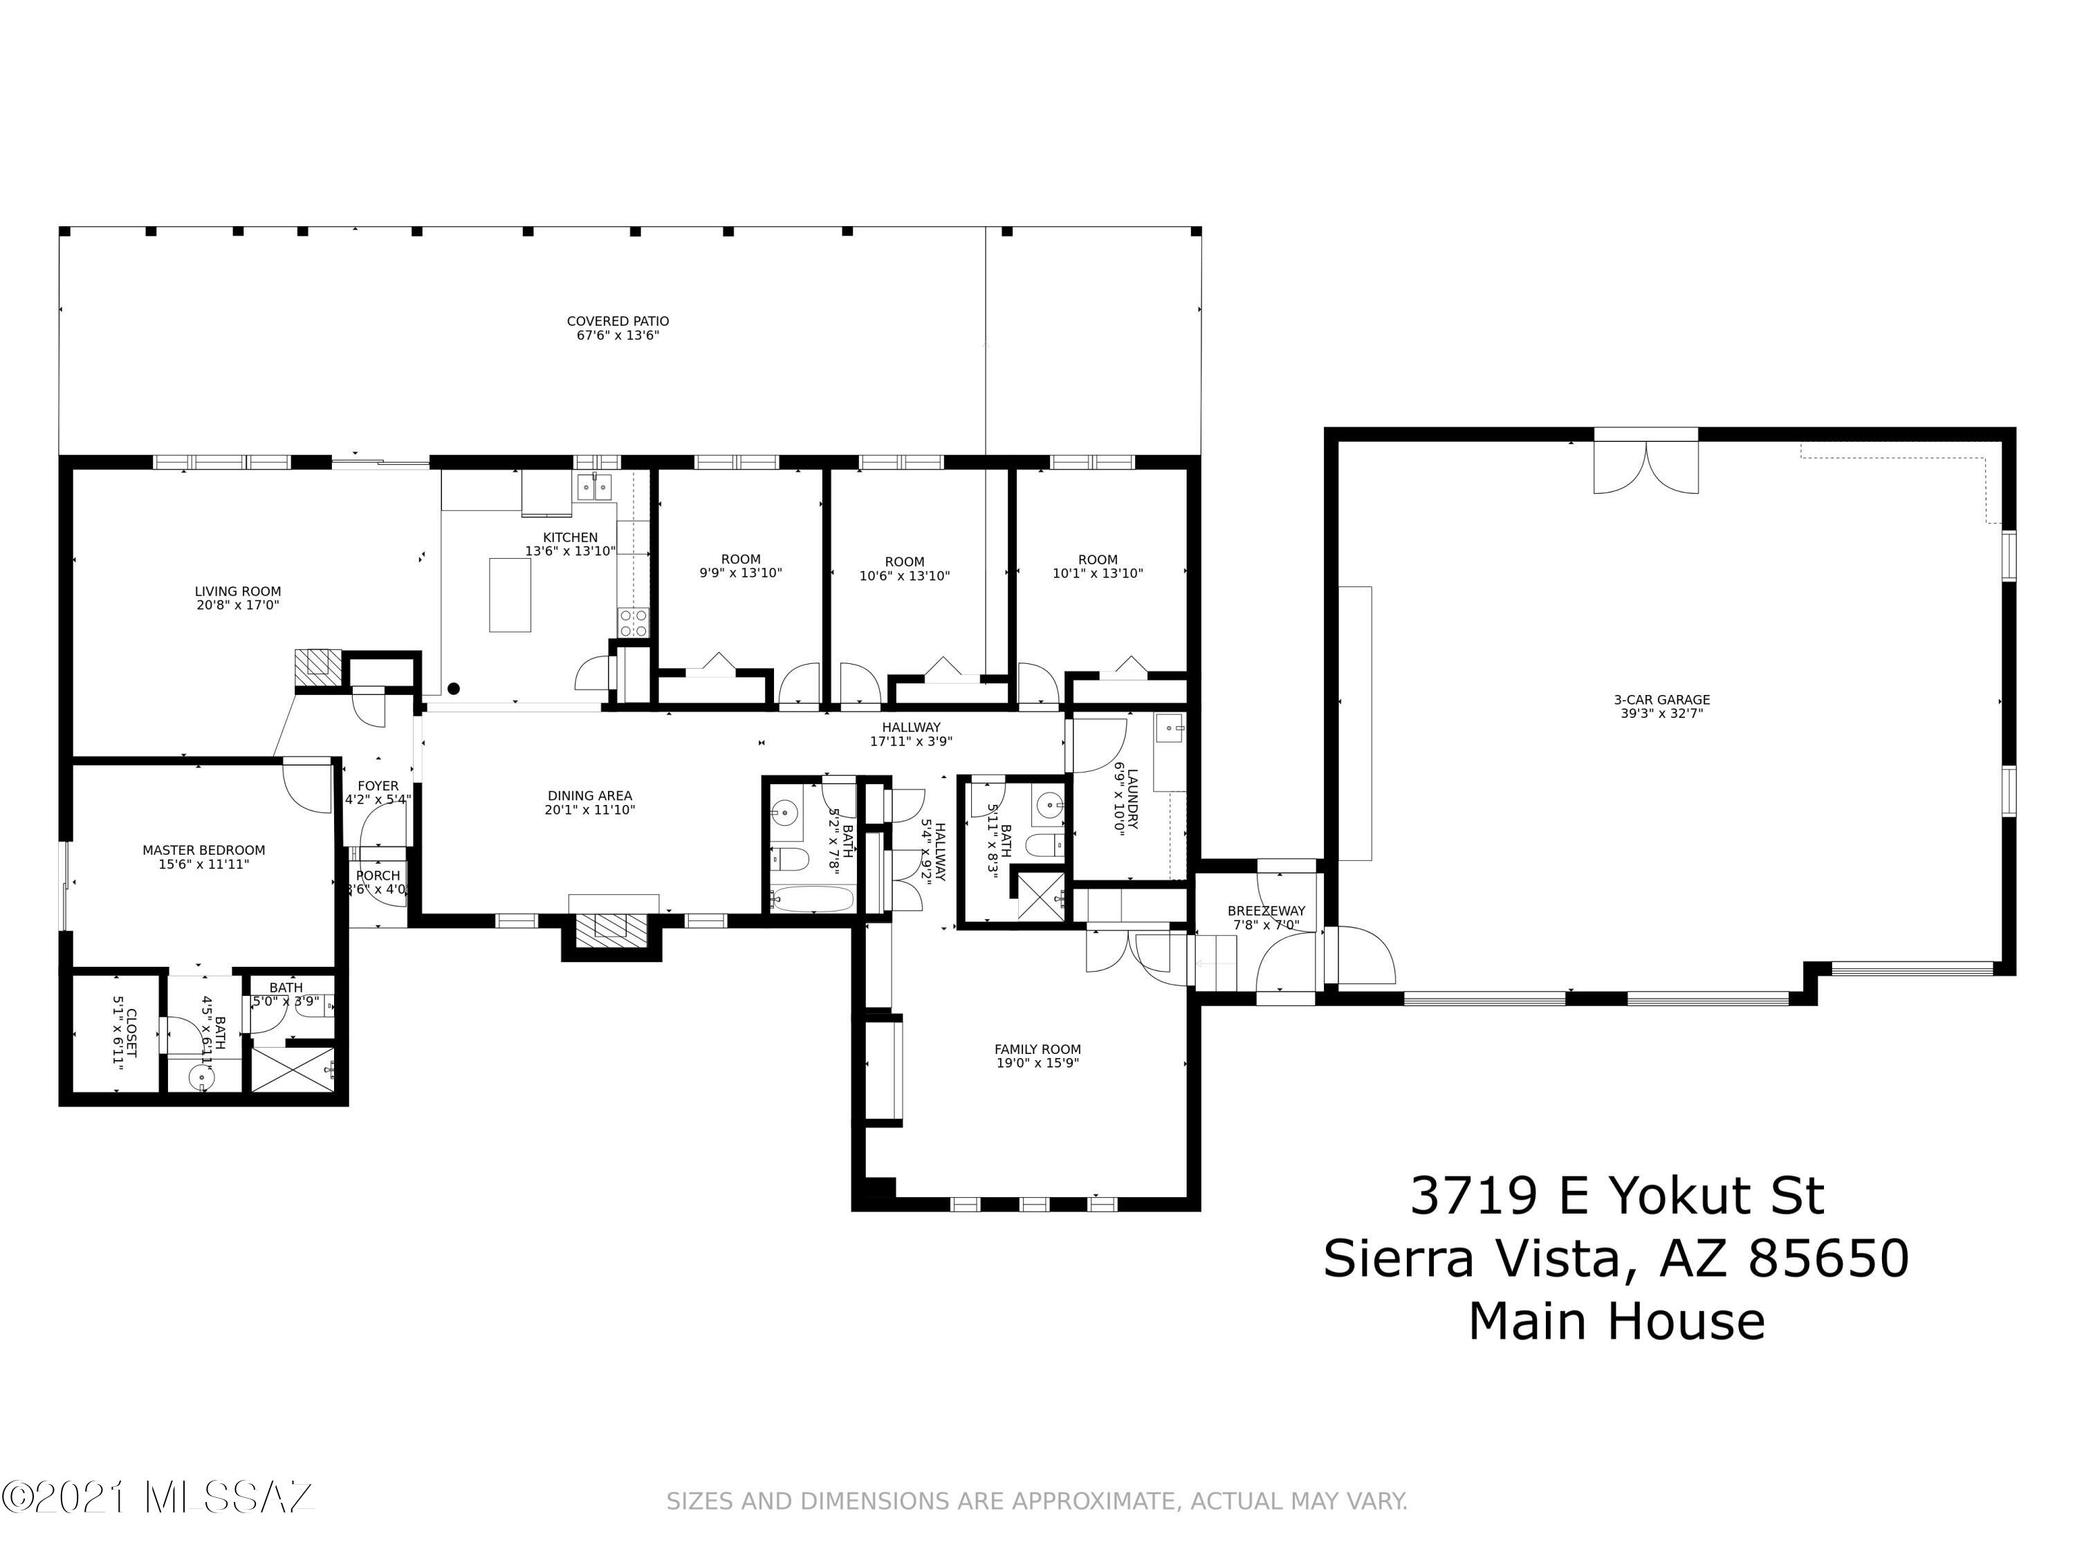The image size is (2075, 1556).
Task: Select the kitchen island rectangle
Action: (510, 595)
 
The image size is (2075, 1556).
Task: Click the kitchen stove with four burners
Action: (633, 623)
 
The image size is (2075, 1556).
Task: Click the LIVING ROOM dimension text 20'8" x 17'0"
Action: (237, 606)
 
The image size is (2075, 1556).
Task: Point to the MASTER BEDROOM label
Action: (203, 851)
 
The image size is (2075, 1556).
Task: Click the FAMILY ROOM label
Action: (1037, 1050)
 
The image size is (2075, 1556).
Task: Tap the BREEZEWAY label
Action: (1266, 911)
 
